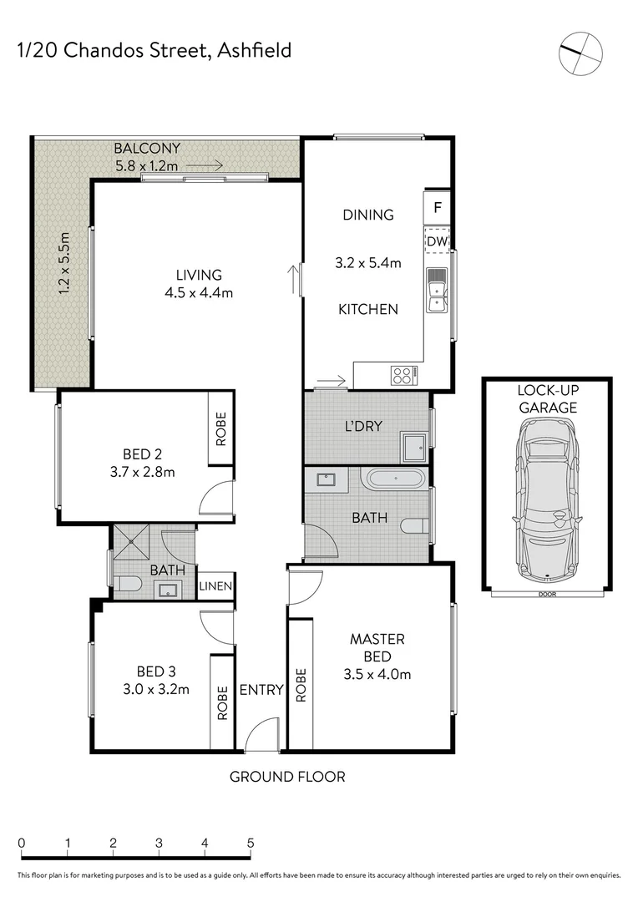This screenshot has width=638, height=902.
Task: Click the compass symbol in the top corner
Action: coord(580,52)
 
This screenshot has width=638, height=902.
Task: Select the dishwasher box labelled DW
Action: coord(438,241)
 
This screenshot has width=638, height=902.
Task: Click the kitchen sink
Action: coord(436,291)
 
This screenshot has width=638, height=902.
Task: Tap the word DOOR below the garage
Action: coord(547,595)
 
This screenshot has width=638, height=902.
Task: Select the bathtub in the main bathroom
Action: coord(395,480)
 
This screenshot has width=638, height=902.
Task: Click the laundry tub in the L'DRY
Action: coord(414,447)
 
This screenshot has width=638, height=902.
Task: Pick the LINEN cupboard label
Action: coord(215,586)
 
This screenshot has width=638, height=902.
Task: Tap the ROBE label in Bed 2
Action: coord(221,428)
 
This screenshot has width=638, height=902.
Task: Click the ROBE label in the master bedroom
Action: coord(301,684)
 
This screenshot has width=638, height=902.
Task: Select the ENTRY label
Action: coord(261,690)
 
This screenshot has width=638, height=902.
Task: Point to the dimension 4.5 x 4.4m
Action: coord(198,292)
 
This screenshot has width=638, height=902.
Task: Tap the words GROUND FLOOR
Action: coord(287,777)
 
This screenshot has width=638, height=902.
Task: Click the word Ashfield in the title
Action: coord(254,51)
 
